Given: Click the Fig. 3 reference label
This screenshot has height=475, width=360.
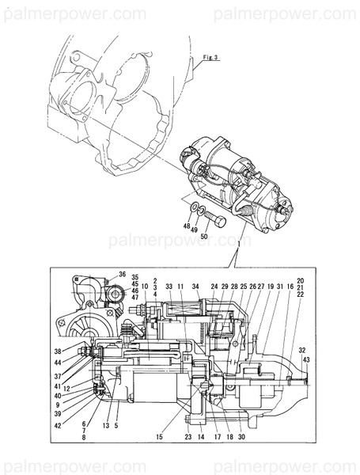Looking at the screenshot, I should [x=208, y=59].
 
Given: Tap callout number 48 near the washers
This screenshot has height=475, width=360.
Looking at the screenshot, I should [x=188, y=226].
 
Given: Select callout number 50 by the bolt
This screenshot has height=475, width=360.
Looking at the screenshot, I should [x=205, y=237].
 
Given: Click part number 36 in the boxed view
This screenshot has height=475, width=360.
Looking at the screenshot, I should [x=123, y=274].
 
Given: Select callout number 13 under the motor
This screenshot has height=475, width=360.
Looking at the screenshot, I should [x=104, y=425].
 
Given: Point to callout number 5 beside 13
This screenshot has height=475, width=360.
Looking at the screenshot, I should [x=116, y=425].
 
